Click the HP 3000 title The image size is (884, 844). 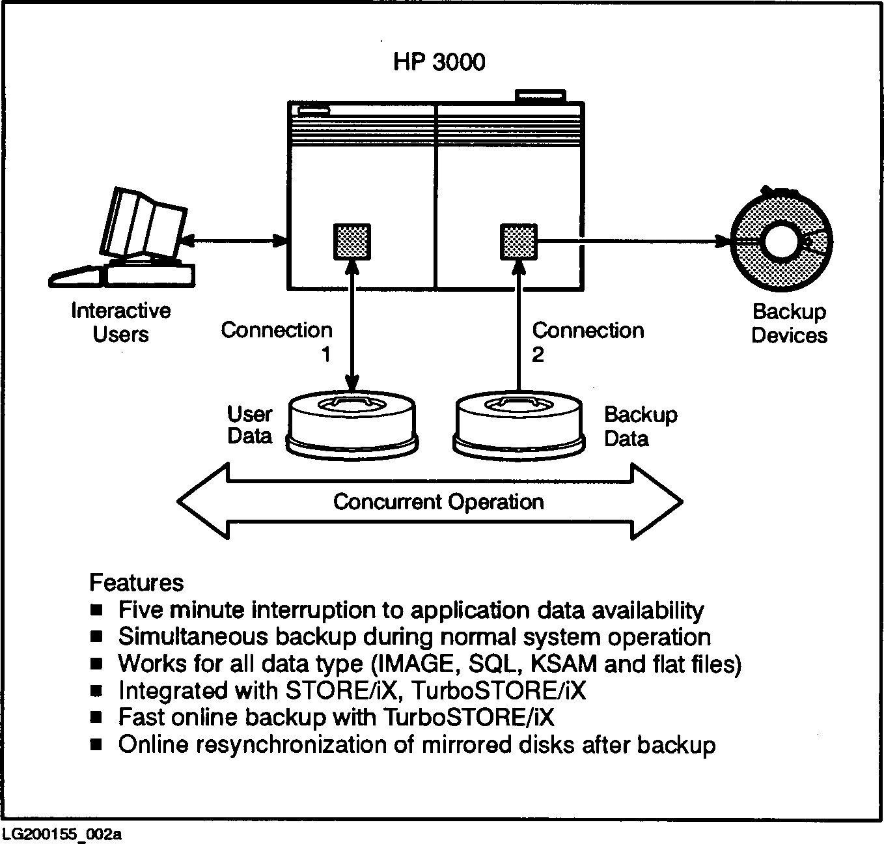(439, 62)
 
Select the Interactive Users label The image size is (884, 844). (121, 322)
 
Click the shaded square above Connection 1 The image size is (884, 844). (352, 242)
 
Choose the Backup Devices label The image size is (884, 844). (789, 324)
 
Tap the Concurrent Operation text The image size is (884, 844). (438, 502)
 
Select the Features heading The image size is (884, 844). (137, 582)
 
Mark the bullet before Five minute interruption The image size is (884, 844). (96, 610)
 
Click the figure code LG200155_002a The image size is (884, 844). (62, 834)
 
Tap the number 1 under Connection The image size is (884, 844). (325, 355)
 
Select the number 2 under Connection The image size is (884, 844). (538, 355)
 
